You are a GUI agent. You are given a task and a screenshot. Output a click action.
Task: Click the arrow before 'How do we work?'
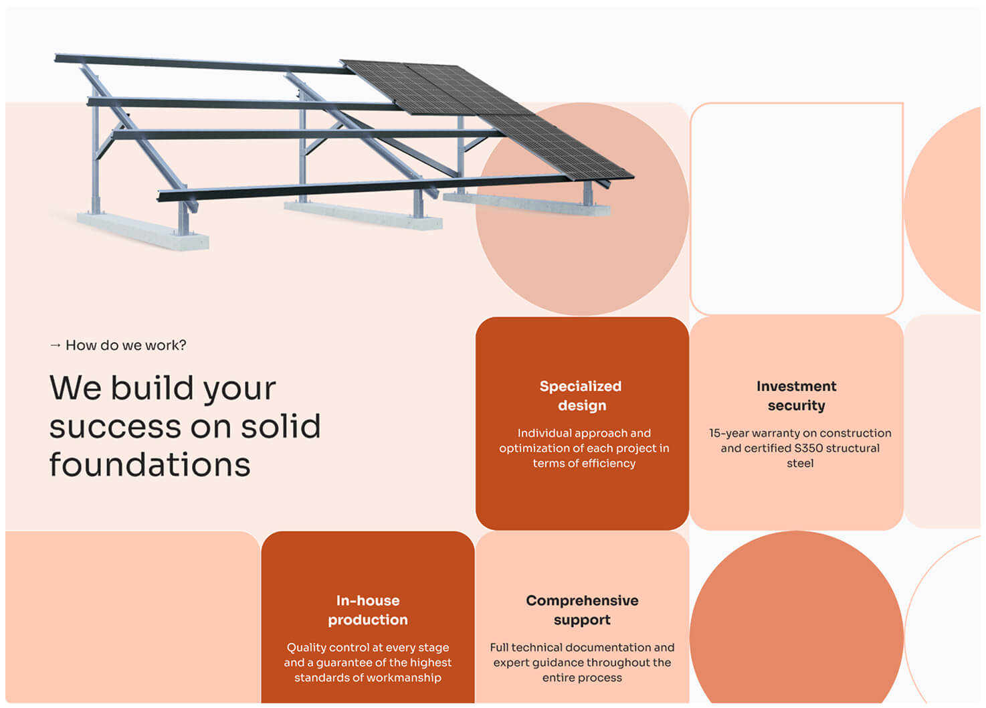click(x=56, y=345)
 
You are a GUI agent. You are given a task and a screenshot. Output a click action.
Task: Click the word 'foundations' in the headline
click(x=150, y=464)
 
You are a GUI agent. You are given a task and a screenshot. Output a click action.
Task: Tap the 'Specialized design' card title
click(x=581, y=395)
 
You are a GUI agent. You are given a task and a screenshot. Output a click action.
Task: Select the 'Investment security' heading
click(x=797, y=395)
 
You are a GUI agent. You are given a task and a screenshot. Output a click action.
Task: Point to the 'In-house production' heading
click(x=368, y=610)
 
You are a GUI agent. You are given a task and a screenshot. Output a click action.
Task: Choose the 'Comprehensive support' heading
click(x=582, y=610)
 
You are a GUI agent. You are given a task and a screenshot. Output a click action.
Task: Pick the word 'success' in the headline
click(x=115, y=427)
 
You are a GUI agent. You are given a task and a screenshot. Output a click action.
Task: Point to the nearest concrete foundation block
click(x=143, y=232)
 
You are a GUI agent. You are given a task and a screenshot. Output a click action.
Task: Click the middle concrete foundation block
click(x=363, y=215)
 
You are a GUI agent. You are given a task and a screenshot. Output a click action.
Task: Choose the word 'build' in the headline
click(x=152, y=388)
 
